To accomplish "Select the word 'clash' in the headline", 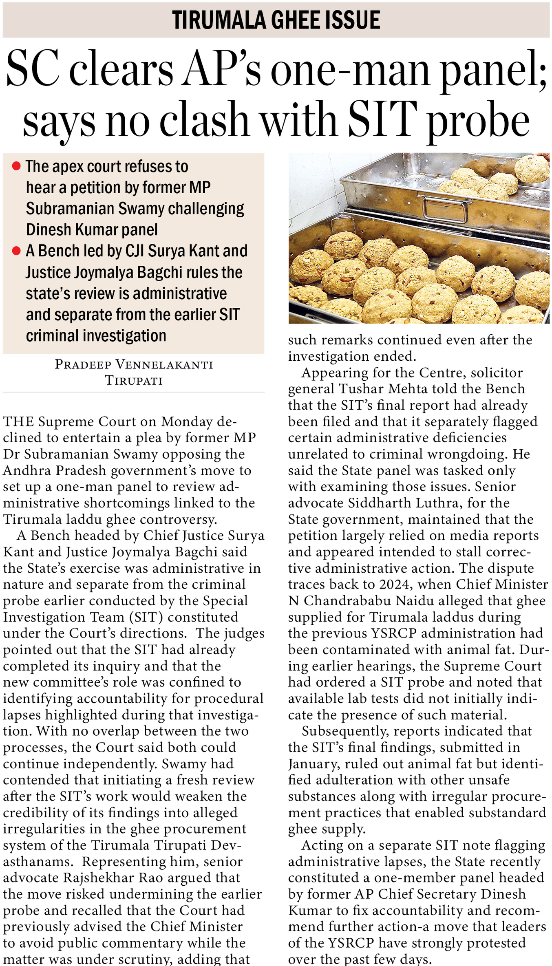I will point(204,121).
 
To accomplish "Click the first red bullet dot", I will point(16,166).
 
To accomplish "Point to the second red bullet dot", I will point(16,251).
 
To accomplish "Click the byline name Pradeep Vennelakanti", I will point(134,364).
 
